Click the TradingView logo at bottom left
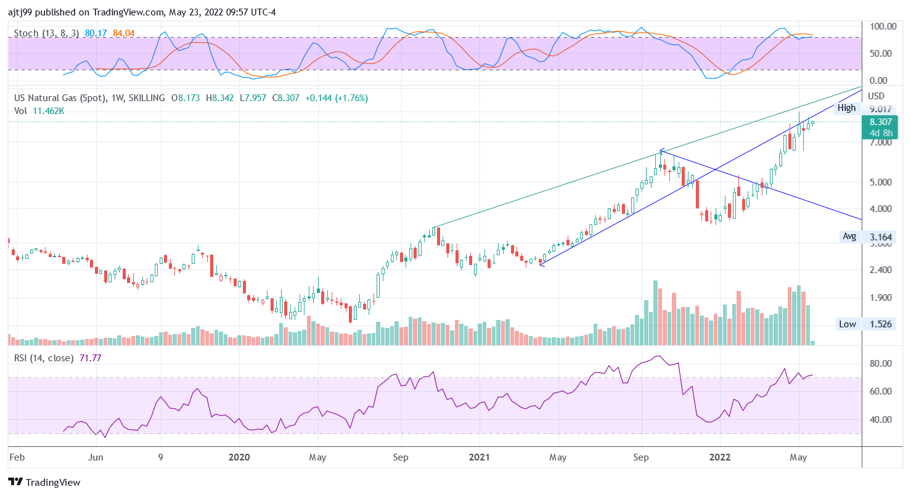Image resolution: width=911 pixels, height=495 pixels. (x=44, y=482)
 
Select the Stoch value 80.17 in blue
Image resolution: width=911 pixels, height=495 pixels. (x=96, y=33)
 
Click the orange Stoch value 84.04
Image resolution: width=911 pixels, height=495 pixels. (x=123, y=33)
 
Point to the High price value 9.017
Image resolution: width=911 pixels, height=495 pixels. (x=880, y=108)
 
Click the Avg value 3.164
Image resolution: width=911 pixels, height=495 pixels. (x=880, y=237)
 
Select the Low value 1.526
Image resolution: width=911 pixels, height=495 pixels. (x=880, y=324)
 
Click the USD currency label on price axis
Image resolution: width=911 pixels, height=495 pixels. (x=876, y=96)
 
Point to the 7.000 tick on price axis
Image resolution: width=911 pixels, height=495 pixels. (x=880, y=142)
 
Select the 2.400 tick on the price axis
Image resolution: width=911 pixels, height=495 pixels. (x=880, y=270)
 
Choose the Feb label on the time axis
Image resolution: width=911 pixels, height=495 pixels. (x=17, y=457)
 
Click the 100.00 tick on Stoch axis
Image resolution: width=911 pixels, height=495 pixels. (x=883, y=27)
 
